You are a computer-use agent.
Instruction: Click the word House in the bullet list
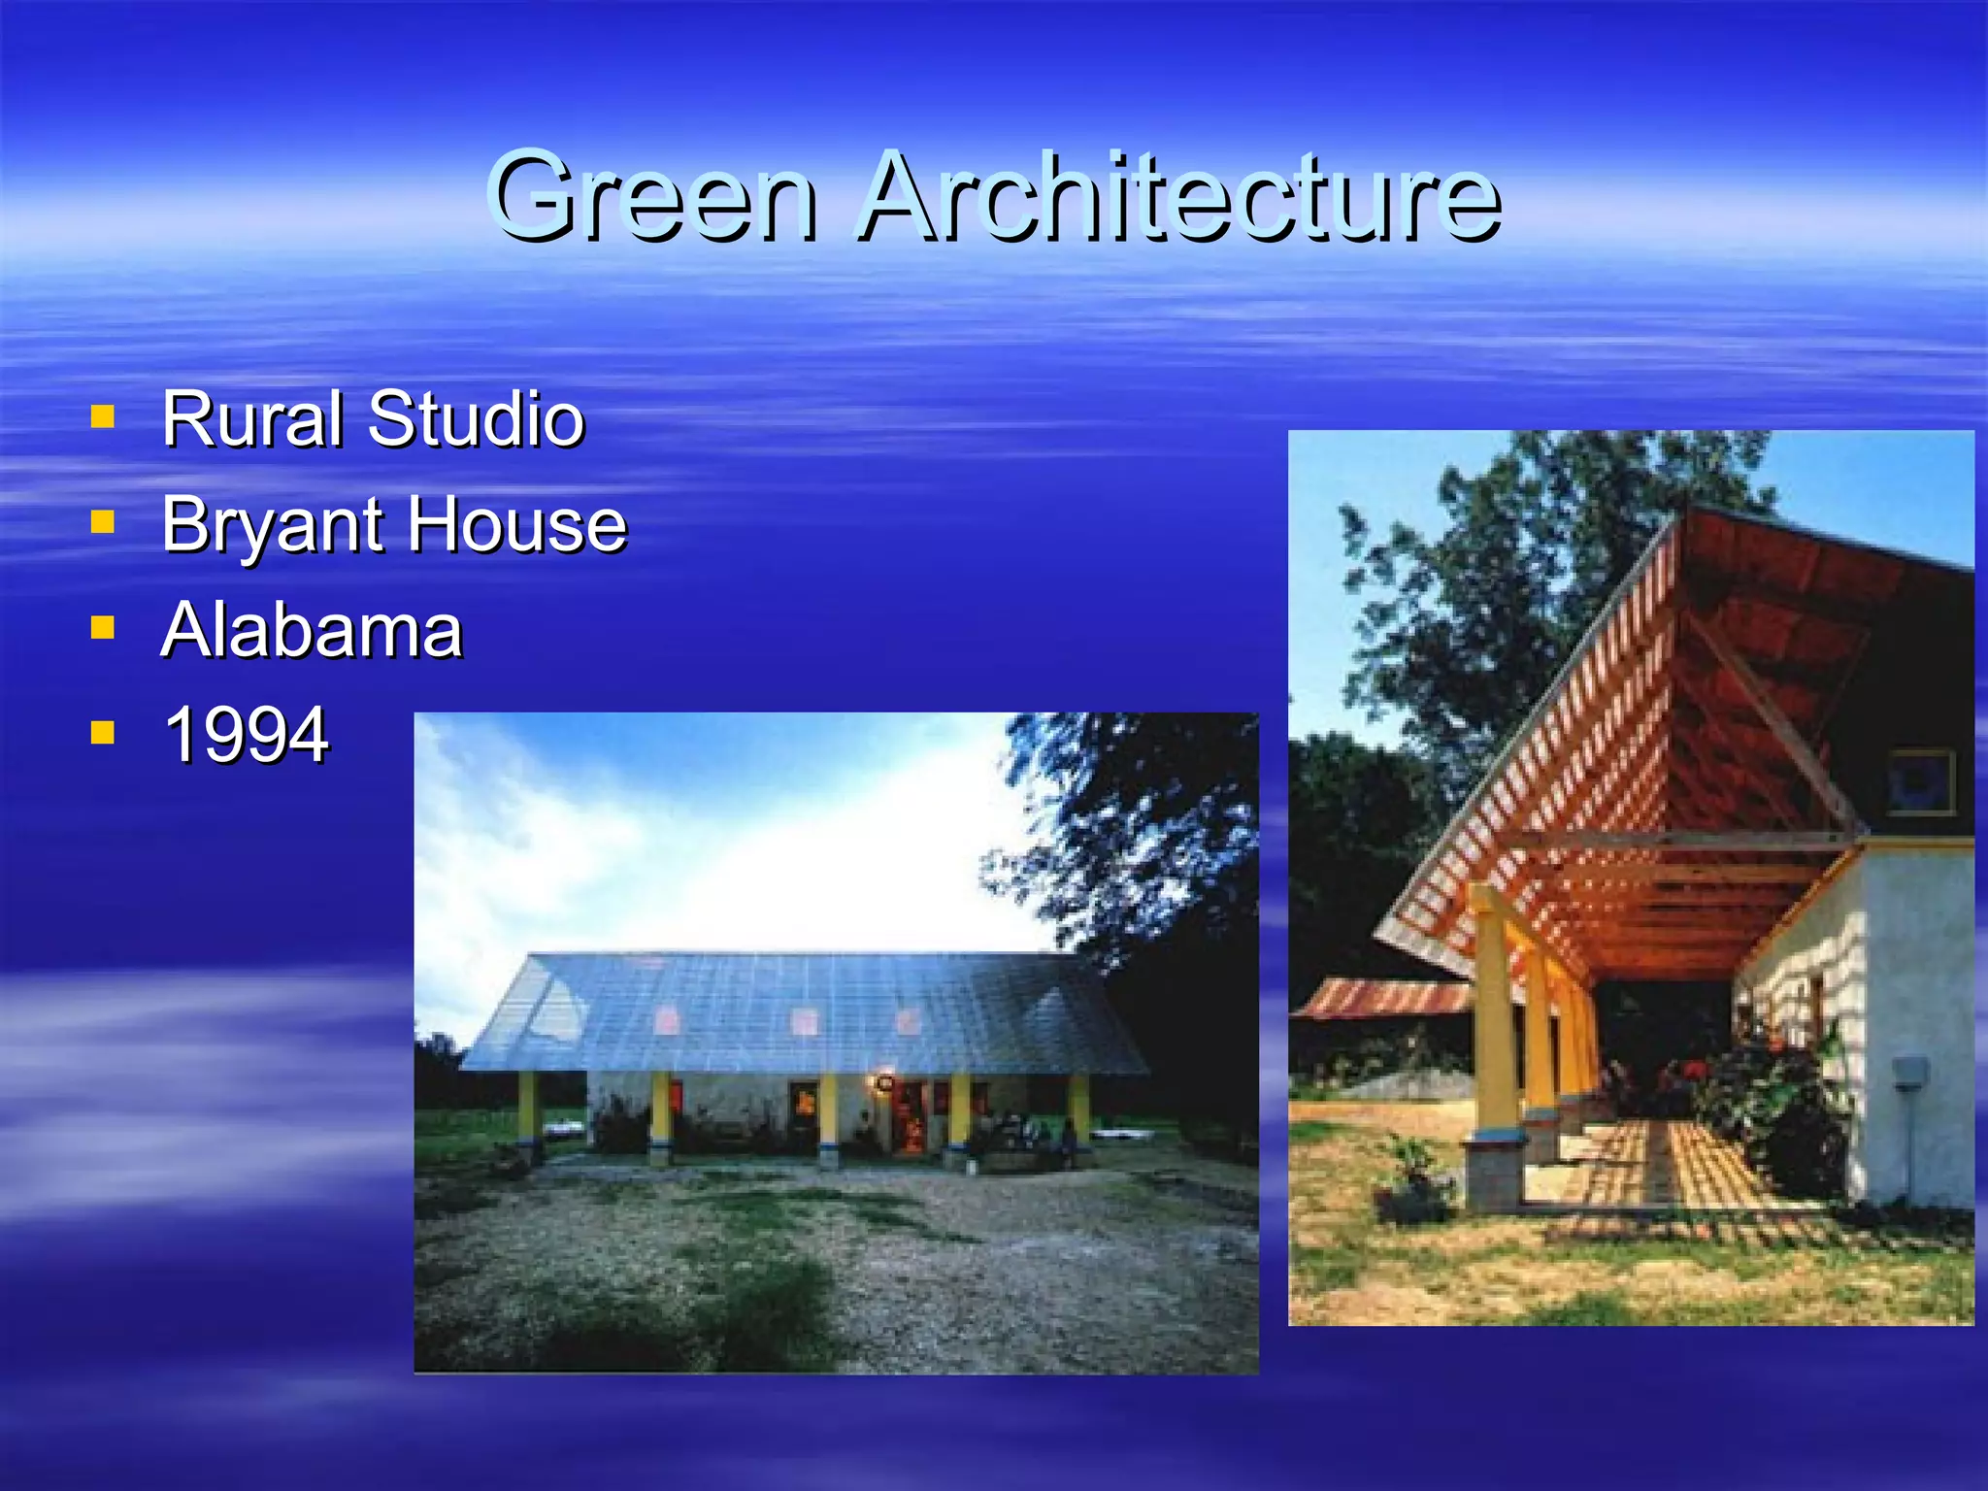516,524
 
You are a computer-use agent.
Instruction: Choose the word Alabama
312,630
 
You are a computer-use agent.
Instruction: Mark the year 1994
247,735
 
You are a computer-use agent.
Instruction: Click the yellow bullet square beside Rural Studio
102,417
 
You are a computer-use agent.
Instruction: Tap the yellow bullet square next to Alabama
102,628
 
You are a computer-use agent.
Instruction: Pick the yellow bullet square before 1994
102,732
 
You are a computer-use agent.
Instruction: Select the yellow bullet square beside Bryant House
102,523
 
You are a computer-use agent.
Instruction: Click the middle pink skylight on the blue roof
804,1020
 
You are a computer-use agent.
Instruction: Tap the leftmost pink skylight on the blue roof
666,1019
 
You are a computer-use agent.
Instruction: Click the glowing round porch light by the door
884,1081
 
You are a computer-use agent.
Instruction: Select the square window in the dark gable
1919,780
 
